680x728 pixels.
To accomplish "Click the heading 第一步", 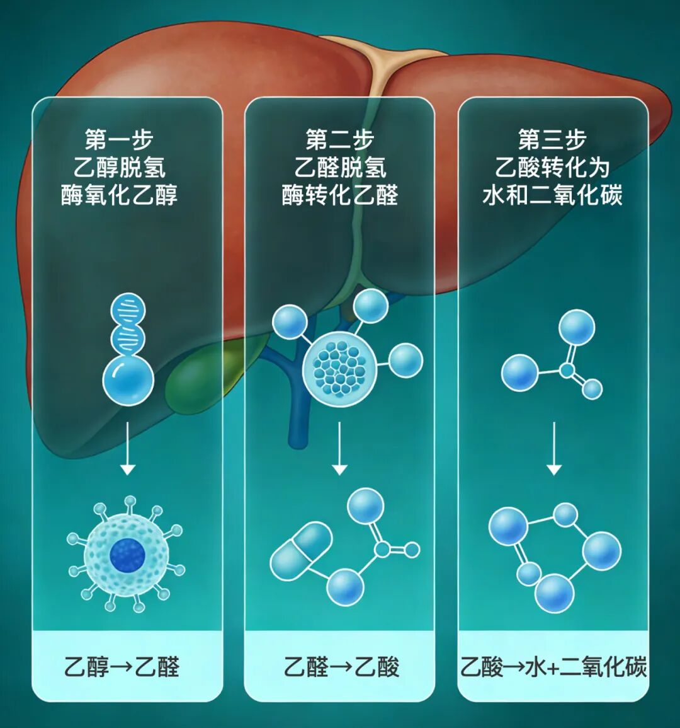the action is point(119,140).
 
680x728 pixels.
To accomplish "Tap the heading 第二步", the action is point(340,140).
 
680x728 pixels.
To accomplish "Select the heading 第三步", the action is point(552,140).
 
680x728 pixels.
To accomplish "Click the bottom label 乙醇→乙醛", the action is point(122,667).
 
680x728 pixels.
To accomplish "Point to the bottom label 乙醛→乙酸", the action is point(341,667).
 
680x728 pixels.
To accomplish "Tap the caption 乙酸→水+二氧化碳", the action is point(553,667).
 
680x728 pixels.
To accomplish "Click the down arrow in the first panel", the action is point(128,448).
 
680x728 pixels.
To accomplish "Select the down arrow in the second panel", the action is point(340,448).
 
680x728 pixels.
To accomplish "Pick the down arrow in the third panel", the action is point(554,448).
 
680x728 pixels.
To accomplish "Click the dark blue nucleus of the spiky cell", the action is point(128,555).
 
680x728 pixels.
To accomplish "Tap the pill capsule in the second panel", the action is point(302,551).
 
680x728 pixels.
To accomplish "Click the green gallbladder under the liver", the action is point(195,381).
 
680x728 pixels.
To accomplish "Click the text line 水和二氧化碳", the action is point(552,195).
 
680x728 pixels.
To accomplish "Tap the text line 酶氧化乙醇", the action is point(119,195).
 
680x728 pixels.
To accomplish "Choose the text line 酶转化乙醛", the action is point(340,195).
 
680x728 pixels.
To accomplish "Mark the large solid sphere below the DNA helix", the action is point(128,381).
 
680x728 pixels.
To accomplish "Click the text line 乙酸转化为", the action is point(552,168).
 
